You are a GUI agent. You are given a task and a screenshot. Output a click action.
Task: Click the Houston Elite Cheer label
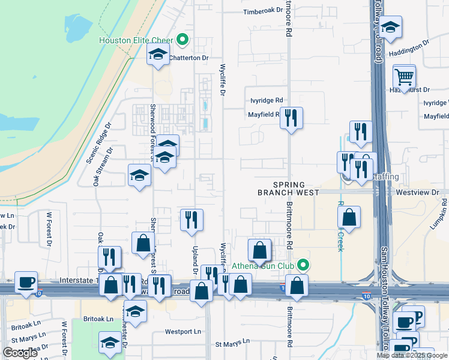coord(136,41)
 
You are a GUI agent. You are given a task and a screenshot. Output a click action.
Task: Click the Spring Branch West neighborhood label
coord(281,188)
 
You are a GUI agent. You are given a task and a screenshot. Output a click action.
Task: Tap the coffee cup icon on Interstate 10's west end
coord(26,281)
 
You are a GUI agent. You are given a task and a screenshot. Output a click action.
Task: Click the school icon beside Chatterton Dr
coord(158,55)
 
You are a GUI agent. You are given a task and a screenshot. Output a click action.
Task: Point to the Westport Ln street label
coord(183,331)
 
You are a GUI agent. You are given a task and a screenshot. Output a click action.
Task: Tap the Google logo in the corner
coord(20,353)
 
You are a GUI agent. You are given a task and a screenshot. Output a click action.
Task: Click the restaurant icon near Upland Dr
coord(191,219)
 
